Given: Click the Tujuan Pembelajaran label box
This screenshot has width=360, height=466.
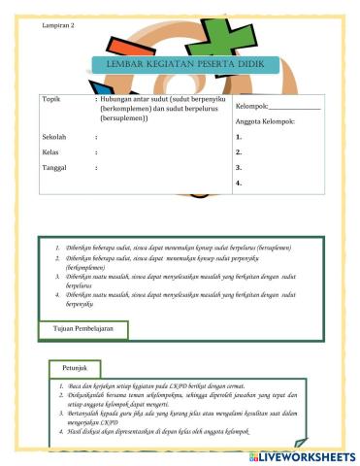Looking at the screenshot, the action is pos(83,329).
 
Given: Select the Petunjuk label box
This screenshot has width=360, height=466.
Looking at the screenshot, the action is pos(76,368).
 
